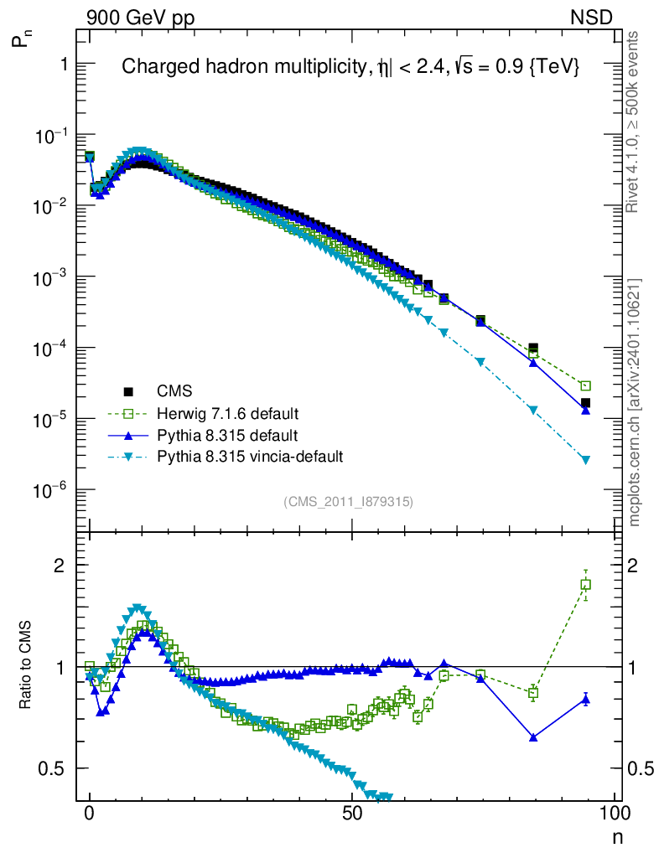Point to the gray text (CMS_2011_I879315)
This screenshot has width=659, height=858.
pyautogui.click(x=349, y=502)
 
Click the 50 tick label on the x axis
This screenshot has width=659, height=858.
pyautogui.click(x=352, y=814)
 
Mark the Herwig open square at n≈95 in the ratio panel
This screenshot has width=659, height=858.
pyautogui.click(x=585, y=584)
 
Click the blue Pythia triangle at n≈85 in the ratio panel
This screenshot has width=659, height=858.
pyautogui.click(x=533, y=737)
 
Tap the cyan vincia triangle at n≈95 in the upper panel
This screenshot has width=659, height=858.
pyautogui.click(x=585, y=460)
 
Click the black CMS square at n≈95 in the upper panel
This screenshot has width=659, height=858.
pyautogui.click(x=585, y=403)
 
